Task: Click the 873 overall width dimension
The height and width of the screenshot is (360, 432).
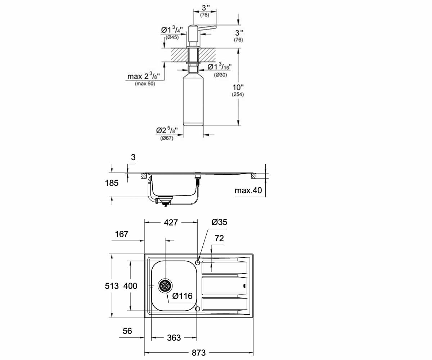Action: point(199,352)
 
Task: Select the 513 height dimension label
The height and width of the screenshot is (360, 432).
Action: point(112,286)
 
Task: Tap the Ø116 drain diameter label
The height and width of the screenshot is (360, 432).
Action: point(182,296)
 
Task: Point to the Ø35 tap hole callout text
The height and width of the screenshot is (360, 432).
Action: point(219,222)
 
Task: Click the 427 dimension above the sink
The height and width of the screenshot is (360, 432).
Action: point(171,222)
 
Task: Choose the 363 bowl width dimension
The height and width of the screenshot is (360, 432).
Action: point(174,338)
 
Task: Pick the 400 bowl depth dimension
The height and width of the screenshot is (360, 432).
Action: point(130,286)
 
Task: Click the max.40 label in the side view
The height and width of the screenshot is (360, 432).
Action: point(248,190)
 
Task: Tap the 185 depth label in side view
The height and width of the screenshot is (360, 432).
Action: point(112,183)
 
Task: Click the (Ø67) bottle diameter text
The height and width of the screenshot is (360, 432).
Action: point(167,138)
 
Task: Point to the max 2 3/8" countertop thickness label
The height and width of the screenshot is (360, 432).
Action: point(144,76)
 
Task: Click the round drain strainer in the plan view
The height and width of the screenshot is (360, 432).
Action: point(165,286)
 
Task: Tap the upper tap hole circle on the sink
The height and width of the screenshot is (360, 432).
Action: point(198,263)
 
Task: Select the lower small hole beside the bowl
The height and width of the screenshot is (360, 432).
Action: point(198,309)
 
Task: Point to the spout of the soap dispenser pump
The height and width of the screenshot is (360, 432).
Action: point(208,28)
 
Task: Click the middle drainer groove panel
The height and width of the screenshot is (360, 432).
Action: point(225,286)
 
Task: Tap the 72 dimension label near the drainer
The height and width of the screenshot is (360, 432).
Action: point(219,238)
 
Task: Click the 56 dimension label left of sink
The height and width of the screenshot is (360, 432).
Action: point(127,331)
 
